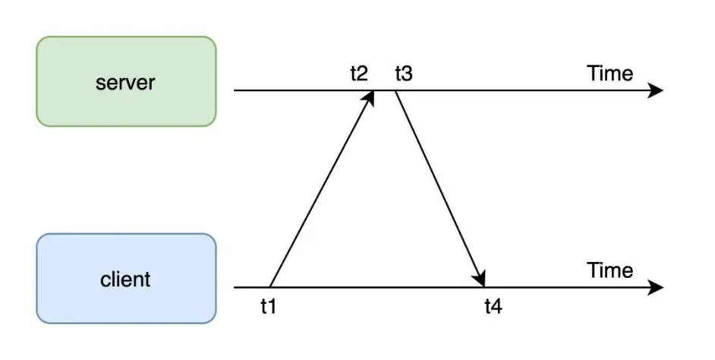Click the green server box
pos(126,81)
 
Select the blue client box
pos(126,278)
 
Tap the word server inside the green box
pos(125,83)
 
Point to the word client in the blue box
pos(125,279)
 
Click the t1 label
pos(269,307)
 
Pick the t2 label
pos(359,74)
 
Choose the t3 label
pos(404,74)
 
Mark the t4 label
pos(493,307)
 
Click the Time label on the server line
pos(610,74)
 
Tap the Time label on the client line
pos(610,270)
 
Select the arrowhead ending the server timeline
pos(656,90)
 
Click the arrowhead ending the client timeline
pos(656,288)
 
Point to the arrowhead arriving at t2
pos(370,97)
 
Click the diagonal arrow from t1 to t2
pos(322,189)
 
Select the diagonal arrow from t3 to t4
pos(440,189)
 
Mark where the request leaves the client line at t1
pos(269,287)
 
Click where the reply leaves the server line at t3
pos(395,91)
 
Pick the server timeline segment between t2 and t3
pos(385,90)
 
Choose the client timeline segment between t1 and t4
pos(377,288)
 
